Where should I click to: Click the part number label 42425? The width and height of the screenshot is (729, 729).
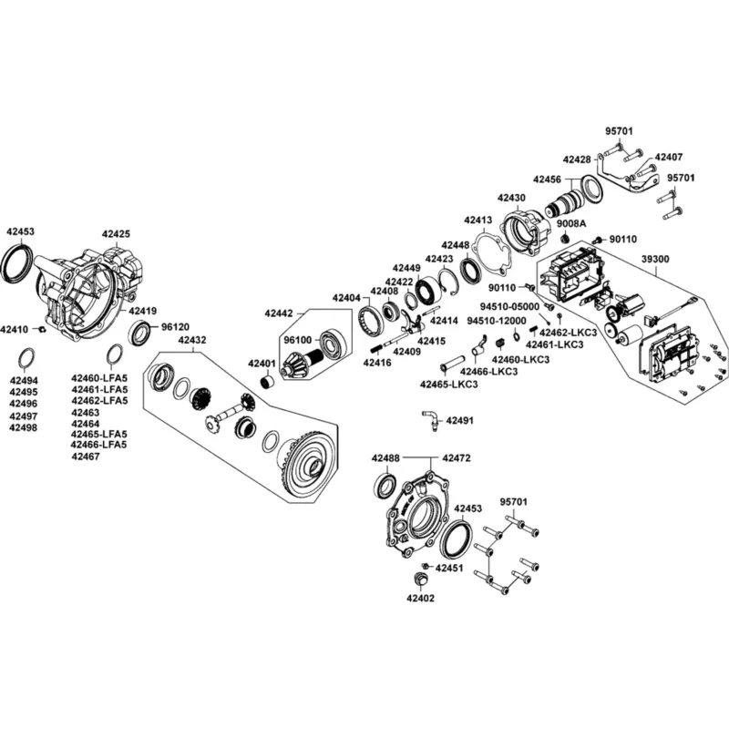[117, 234]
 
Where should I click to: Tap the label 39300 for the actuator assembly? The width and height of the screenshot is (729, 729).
[655, 259]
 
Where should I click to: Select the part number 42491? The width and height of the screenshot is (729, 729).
[460, 420]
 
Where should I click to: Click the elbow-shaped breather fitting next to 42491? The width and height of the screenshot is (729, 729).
[430, 419]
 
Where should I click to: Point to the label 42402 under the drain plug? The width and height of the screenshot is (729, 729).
[420, 598]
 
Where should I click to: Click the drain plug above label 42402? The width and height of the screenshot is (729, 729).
[420, 580]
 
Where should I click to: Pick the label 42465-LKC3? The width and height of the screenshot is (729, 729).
[448, 385]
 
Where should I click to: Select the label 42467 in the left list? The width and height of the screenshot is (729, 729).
[86, 457]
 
